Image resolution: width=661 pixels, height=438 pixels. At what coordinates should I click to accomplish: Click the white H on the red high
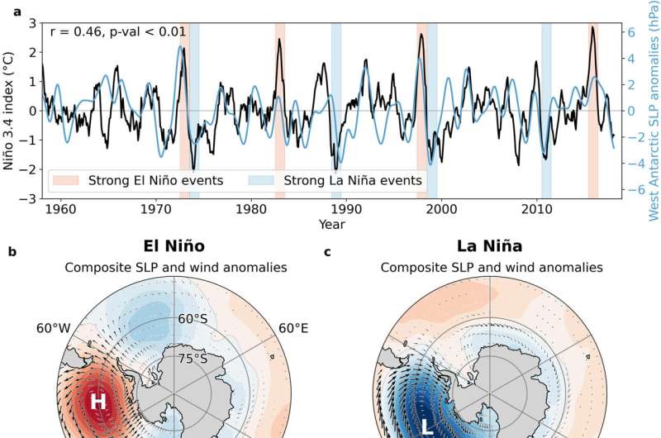98,402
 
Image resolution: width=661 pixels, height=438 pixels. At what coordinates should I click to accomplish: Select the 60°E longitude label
292,328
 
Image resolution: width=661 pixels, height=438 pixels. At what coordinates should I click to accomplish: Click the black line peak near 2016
592,27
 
